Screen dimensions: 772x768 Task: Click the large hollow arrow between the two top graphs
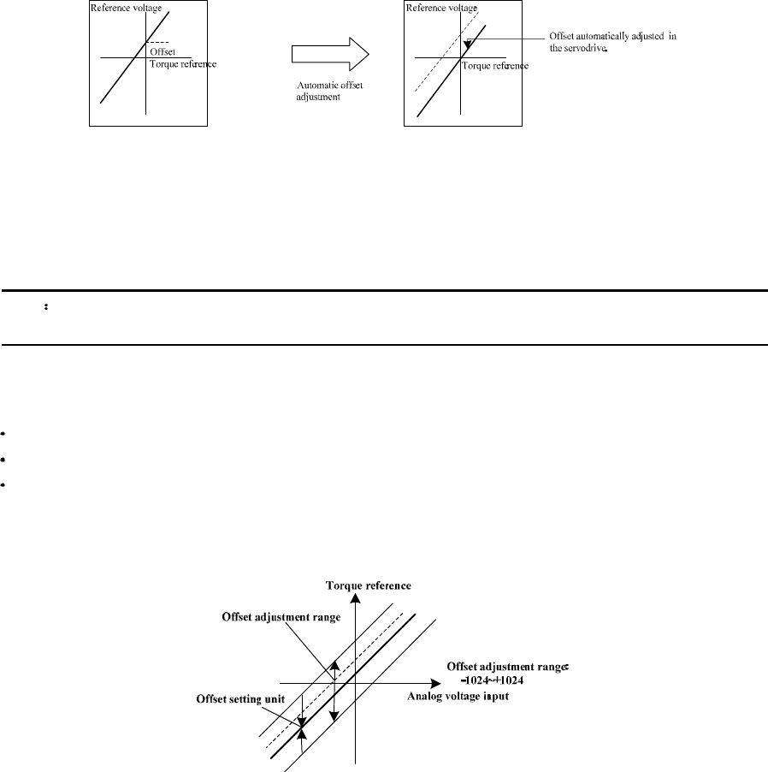pos(330,56)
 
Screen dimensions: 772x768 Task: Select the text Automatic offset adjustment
pos(322,91)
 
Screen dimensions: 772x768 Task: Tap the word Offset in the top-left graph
pos(162,51)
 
